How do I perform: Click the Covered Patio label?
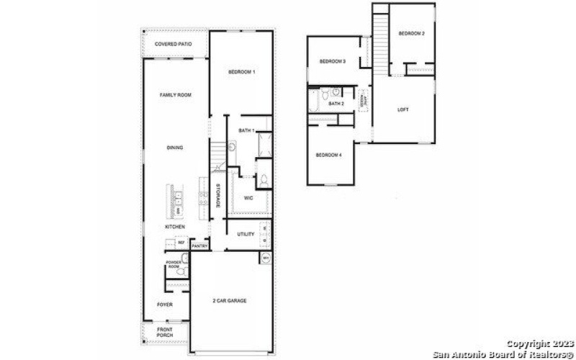(173, 45)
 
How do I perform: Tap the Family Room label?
(175, 95)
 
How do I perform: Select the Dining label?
(174, 148)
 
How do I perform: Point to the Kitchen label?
(174, 227)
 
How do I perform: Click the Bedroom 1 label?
(241, 72)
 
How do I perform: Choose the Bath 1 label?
(246, 130)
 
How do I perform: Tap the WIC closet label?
(248, 197)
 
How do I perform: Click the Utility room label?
(246, 234)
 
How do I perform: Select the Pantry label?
(199, 246)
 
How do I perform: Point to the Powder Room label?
(174, 264)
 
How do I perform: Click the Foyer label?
(165, 305)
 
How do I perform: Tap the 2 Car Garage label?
(229, 300)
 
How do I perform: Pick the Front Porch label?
(165, 333)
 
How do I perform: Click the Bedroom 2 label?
(412, 34)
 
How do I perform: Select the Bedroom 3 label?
(333, 61)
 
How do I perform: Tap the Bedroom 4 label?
(328, 155)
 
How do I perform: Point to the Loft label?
(403, 109)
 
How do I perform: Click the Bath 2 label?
(336, 104)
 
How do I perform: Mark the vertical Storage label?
(217, 197)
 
